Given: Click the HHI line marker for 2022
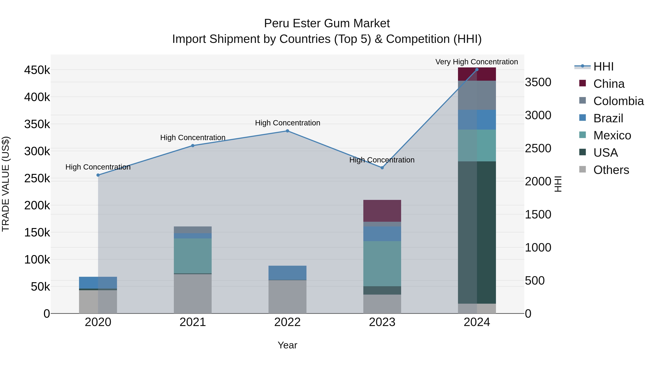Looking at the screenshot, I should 287,131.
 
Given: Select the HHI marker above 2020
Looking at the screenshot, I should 98,175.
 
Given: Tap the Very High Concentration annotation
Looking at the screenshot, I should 477,62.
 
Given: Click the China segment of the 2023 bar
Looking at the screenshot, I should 382,211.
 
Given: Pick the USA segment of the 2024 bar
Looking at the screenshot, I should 477,232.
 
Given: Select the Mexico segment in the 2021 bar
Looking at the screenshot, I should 193,256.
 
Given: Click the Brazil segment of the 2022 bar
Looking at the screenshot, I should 287,273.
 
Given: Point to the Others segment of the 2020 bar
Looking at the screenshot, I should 98,302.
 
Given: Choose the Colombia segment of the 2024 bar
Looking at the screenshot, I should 477,95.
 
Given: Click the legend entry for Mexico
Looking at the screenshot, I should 612,135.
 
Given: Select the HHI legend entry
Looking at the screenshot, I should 603,67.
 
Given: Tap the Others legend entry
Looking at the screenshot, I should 611,170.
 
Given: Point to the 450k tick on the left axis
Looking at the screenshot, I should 37,70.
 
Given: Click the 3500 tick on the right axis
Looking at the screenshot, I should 538,82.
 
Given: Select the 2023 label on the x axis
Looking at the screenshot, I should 382,322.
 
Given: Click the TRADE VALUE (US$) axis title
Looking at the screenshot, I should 6,184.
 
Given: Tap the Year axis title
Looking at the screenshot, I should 287,345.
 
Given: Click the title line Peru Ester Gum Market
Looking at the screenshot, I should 327,23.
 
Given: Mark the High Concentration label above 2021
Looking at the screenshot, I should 193,138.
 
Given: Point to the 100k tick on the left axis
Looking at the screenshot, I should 37,260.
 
